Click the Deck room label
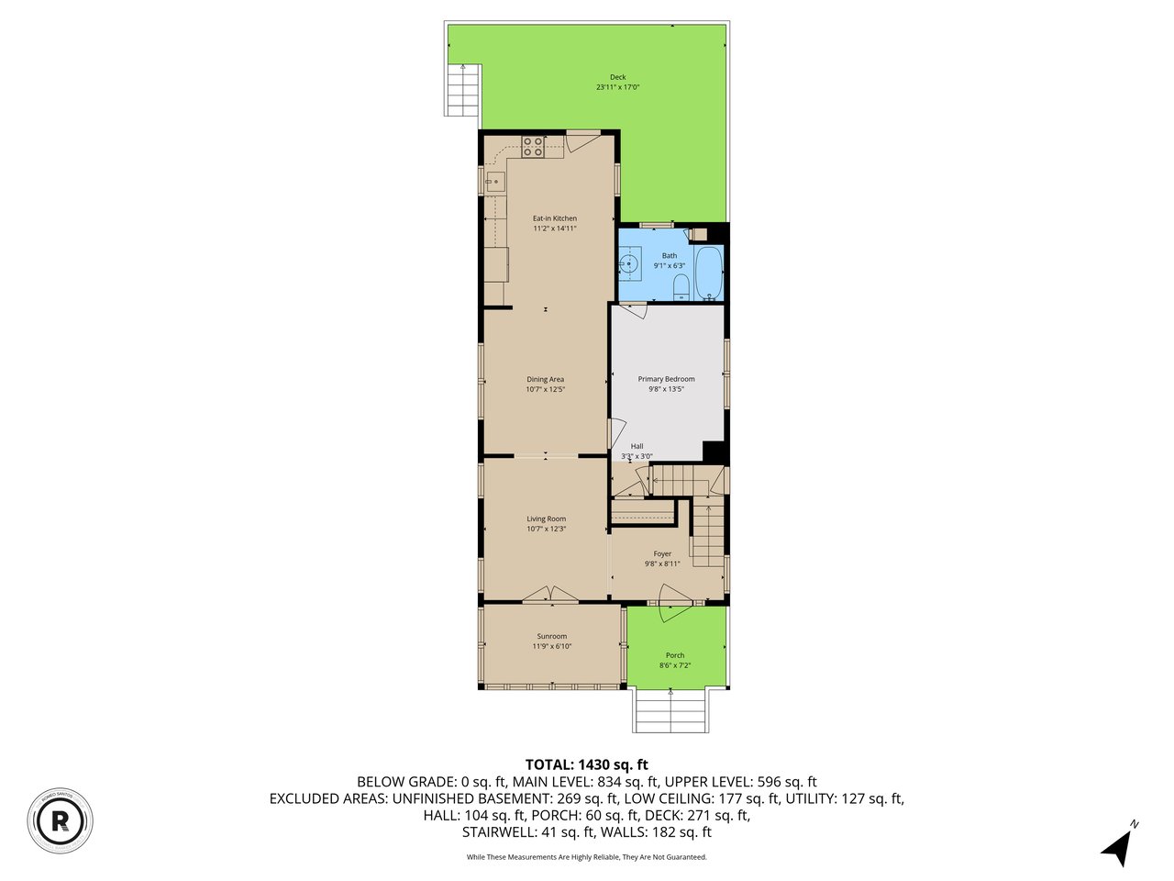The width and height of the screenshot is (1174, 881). [617, 77]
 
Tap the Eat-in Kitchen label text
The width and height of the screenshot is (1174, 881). [555, 218]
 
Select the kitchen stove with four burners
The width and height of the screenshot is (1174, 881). [533, 144]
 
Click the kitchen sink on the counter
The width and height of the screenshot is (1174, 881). [494, 182]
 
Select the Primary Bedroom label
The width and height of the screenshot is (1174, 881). [666, 379]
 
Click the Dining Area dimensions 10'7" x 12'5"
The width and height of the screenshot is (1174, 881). [545, 389]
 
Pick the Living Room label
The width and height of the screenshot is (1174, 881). [546, 519]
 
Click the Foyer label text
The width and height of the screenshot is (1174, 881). [662, 554]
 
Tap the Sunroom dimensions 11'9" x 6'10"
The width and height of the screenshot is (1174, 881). [551, 646]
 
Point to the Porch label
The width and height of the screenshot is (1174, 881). [674, 655]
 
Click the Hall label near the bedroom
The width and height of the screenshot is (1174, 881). [637, 447]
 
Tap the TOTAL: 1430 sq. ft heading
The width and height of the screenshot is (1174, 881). [586, 764]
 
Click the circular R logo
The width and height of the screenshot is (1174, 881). [61, 819]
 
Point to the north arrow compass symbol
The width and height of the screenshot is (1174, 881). [1117, 846]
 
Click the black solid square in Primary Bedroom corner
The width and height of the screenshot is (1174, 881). [714, 452]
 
